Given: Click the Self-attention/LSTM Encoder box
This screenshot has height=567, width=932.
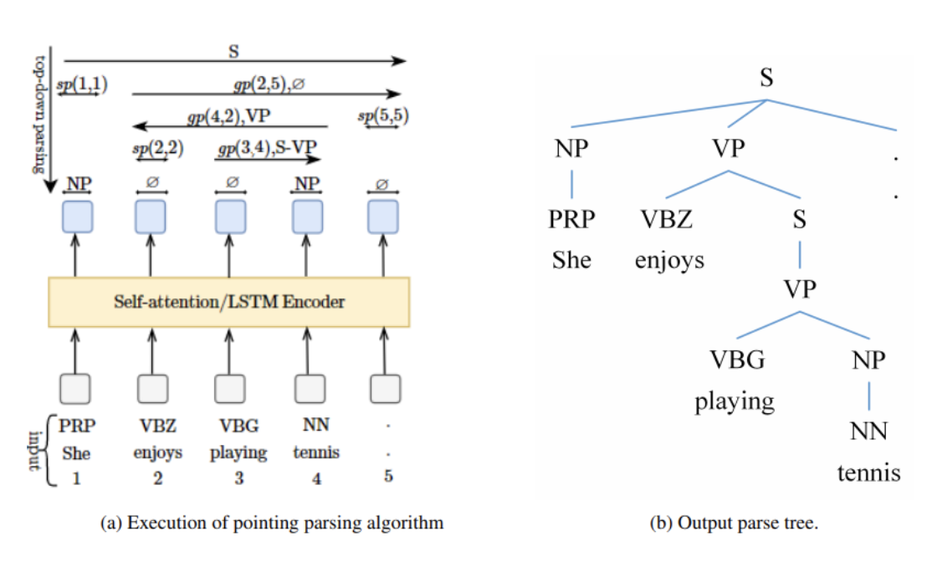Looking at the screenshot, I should [x=229, y=301].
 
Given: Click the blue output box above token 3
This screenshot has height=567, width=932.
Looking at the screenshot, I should [x=230, y=217].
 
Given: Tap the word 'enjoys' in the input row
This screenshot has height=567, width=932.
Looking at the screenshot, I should [x=156, y=452].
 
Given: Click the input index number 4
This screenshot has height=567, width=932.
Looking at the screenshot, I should [x=315, y=478].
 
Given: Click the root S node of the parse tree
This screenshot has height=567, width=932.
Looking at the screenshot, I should [x=766, y=78].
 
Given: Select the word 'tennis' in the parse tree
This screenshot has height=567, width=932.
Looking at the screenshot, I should [x=869, y=472].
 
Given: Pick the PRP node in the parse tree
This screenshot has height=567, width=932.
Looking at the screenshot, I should [x=572, y=220].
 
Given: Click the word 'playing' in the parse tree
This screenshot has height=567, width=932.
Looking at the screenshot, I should [x=735, y=401].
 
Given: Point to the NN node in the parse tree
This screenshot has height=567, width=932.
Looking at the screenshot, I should [x=869, y=432].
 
